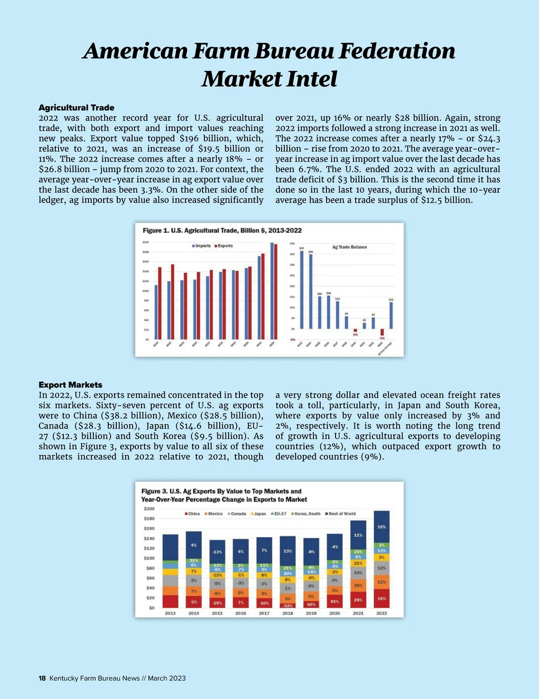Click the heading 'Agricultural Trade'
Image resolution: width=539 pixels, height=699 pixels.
(76, 108)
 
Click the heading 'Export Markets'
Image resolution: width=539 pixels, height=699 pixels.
(71, 385)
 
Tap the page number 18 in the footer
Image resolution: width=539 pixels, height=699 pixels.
(42, 678)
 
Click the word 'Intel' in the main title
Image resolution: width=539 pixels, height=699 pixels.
(311, 79)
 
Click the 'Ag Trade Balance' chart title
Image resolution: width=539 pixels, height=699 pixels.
(349, 247)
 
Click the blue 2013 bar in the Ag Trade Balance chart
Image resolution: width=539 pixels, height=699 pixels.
(302, 289)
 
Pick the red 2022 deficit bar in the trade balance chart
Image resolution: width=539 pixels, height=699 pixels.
(382, 332)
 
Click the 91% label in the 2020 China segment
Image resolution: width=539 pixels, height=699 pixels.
(335, 602)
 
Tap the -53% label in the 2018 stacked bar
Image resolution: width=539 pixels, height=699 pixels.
(287, 606)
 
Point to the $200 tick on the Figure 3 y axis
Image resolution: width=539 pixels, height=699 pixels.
(149, 509)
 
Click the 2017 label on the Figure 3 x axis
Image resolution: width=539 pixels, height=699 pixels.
(264, 613)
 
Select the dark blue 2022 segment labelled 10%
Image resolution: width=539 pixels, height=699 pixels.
(381, 527)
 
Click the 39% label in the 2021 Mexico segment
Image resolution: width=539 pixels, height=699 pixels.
(358, 585)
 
